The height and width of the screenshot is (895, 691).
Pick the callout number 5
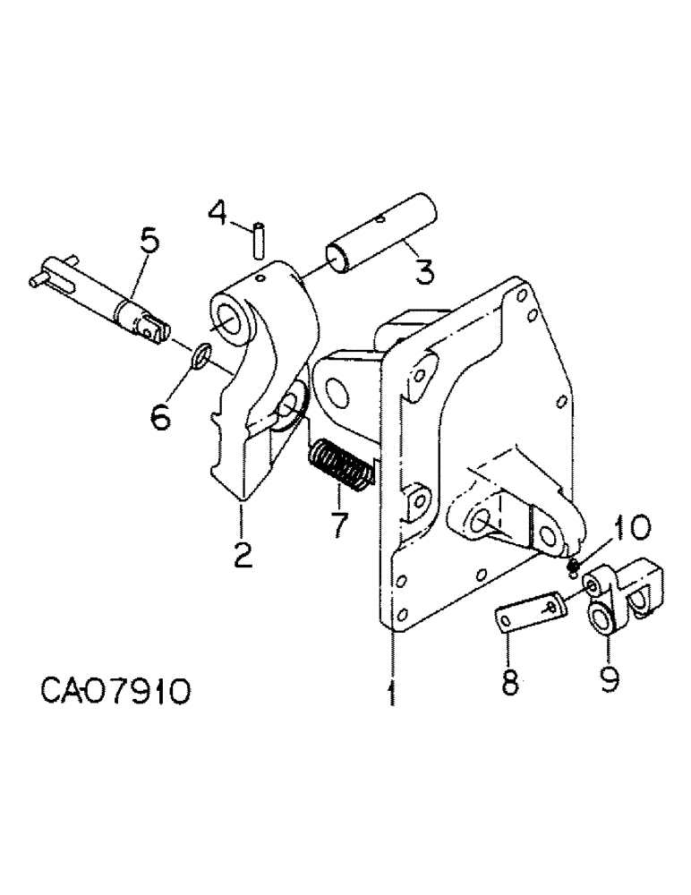click(x=149, y=243)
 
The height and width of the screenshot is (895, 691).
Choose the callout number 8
click(x=508, y=681)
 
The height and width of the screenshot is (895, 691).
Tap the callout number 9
click(x=610, y=679)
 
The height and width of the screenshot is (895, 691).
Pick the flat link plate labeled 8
click(x=529, y=618)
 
